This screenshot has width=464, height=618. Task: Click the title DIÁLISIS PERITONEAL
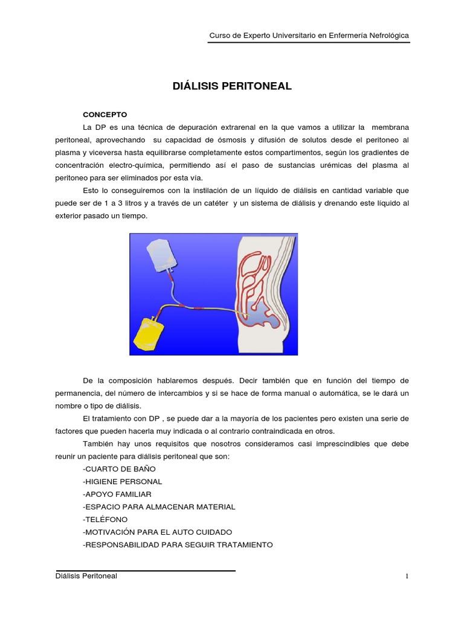(232, 86)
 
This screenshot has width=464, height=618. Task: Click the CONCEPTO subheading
(105, 114)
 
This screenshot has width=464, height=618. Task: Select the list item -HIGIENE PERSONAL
(122, 482)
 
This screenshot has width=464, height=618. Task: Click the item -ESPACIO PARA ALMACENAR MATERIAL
(159, 506)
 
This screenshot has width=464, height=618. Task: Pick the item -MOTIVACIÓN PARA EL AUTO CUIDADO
(157, 532)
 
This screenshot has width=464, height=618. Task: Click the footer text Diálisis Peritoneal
(86, 576)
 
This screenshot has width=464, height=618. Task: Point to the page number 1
(407, 576)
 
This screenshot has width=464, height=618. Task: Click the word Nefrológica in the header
(385, 36)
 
